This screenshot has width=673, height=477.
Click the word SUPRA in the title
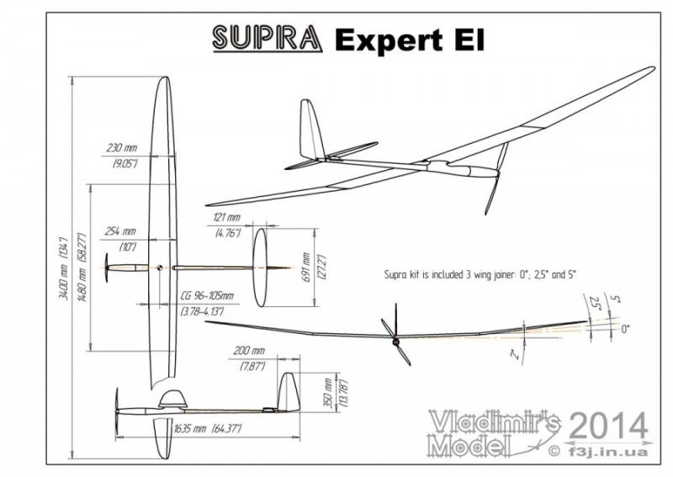266,38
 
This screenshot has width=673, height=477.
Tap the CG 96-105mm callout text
207,295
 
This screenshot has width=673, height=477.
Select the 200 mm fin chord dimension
246,350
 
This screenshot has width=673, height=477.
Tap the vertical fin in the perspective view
312,130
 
